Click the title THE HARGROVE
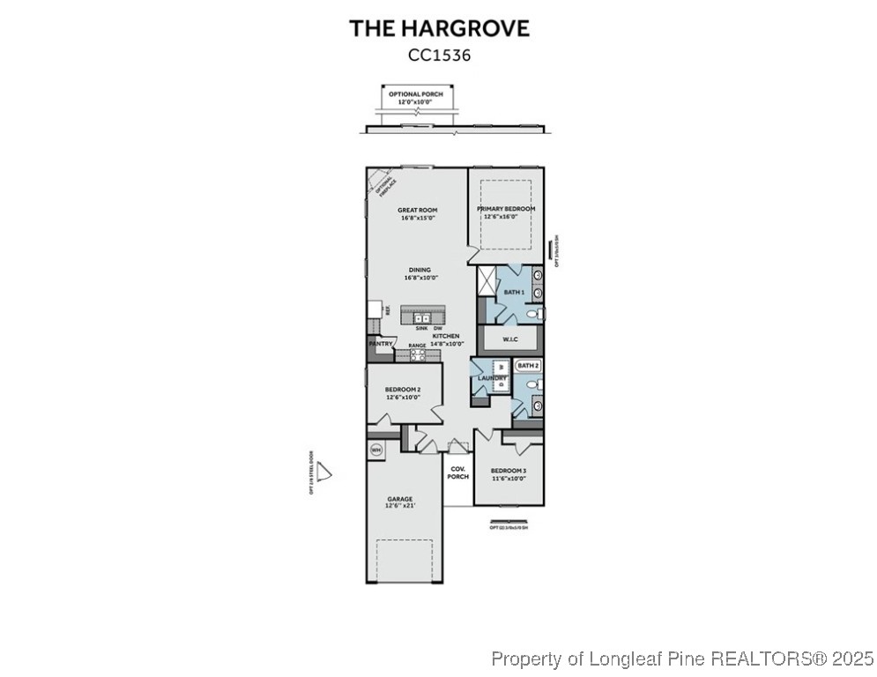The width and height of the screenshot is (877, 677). pyautogui.click(x=439, y=28)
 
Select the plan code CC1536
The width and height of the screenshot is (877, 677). pyautogui.click(x=439, y=55)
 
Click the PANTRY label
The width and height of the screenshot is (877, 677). pyautogui.click(x=380, y=344)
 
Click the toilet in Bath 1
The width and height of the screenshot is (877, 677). pyautogui.click(x=531, y=313)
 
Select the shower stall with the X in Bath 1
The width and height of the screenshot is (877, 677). pyautogui.click(x=488, y=281)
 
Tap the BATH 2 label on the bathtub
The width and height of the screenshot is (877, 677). pyautogui.click(x=527, y=365)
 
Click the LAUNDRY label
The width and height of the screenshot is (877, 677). pyautogui.click(x=492, y=379)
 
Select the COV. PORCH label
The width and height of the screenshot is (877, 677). pyautogui.click(x=457, y=472)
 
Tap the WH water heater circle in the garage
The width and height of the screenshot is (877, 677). pyautogui.click(x=376, y=450)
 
